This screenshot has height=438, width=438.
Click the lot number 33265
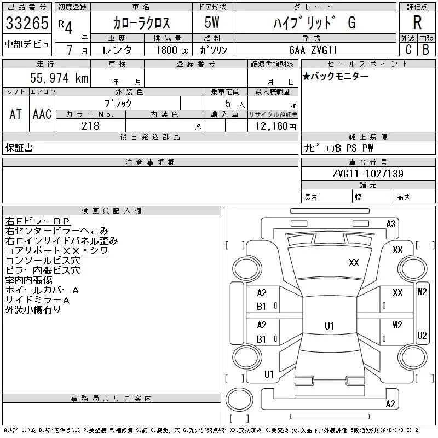27,23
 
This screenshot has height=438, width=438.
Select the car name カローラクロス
141,22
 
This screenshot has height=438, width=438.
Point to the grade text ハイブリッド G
314,22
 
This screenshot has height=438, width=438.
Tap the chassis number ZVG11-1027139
367,174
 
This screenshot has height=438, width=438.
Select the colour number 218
90,126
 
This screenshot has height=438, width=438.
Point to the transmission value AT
16,114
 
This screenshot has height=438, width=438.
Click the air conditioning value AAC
42,114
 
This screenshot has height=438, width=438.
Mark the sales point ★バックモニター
335,76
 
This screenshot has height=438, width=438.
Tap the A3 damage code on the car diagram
391,223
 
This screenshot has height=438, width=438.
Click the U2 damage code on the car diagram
422,336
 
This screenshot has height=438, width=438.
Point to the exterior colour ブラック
118,102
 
